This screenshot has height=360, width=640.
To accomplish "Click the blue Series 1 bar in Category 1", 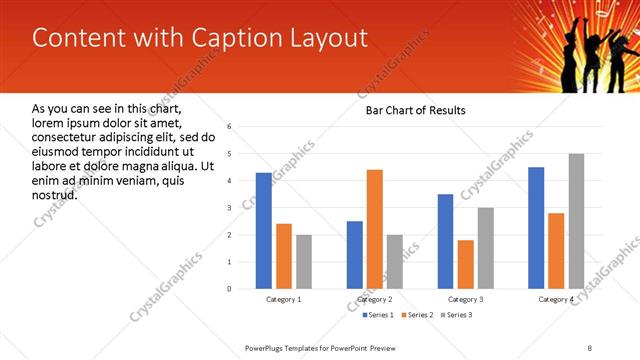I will pos(263,231).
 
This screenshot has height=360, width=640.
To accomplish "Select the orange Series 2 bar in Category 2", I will pos(375,229).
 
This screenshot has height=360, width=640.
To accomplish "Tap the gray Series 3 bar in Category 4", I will pos(576,221).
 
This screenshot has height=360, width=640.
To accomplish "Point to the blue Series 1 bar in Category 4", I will pos(536,228).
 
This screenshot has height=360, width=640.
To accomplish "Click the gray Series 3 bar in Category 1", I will pos(304,262).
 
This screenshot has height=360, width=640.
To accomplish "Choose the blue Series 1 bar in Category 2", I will pos(354,255).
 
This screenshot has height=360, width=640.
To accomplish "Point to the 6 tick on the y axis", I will pos(230,127).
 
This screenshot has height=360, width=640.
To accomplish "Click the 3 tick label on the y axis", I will pos(230,208).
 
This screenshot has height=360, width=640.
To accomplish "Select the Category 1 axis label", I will pos(283,299).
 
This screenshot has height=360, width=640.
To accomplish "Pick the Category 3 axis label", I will pos(465,299).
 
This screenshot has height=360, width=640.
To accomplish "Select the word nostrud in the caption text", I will pos(55,194).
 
